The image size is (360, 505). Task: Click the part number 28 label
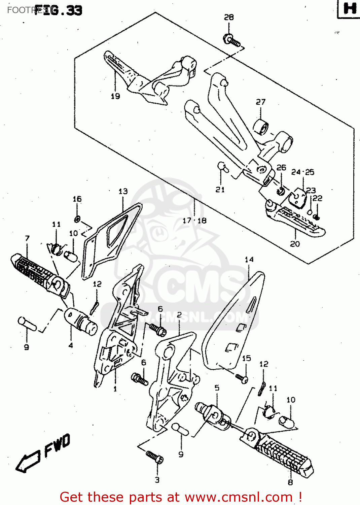229,17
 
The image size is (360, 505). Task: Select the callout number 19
115,96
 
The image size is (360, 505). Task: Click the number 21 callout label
220,190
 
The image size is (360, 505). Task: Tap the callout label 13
123,191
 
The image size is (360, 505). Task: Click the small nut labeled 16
77,220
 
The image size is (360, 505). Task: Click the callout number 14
249,260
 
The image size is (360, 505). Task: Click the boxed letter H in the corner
349,8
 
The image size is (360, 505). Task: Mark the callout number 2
179,315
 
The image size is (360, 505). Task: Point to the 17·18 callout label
194,221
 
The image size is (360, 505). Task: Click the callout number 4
71,345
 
